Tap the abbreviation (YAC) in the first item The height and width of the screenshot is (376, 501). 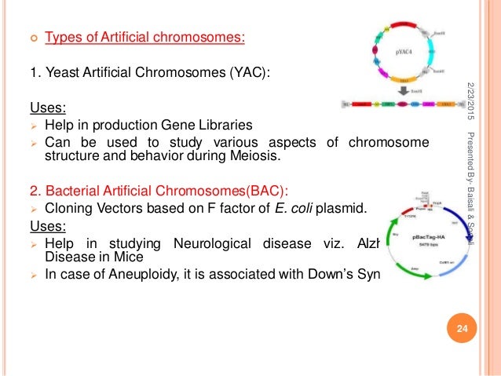[x=249, y=74]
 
